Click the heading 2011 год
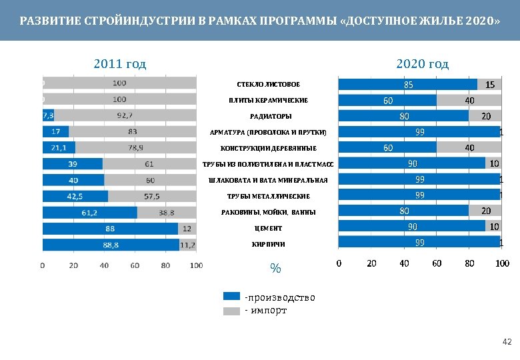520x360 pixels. [120, 64]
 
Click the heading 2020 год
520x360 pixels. [422, 64]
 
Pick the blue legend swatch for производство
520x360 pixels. [231, 297]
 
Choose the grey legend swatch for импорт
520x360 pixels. [231, 310]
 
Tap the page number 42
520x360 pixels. [506, 342]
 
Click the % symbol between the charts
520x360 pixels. [275, 269]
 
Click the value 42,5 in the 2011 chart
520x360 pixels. [75, 197]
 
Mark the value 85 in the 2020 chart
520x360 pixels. [408, 85]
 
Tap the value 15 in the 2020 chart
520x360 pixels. [489, 85]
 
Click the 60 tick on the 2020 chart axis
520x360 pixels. [437, 263]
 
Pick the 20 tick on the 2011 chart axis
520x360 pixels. [73, 265]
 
